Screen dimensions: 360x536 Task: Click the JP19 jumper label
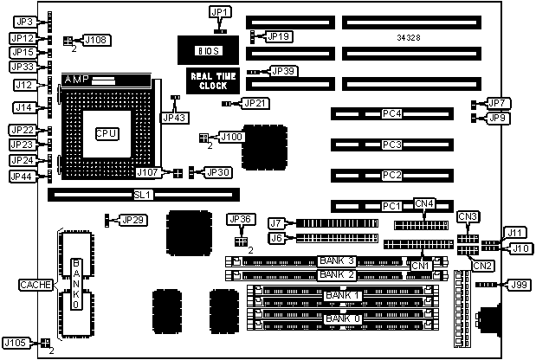coord(279,36)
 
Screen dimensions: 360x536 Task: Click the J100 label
coord(231,136)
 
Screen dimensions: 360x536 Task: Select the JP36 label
coord(239,219)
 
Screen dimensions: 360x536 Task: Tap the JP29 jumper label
coord(133,220)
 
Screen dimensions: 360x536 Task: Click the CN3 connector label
coord(468,215)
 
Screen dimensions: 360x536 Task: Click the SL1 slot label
coord(144,196)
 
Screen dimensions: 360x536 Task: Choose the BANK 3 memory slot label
coord(337,260)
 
